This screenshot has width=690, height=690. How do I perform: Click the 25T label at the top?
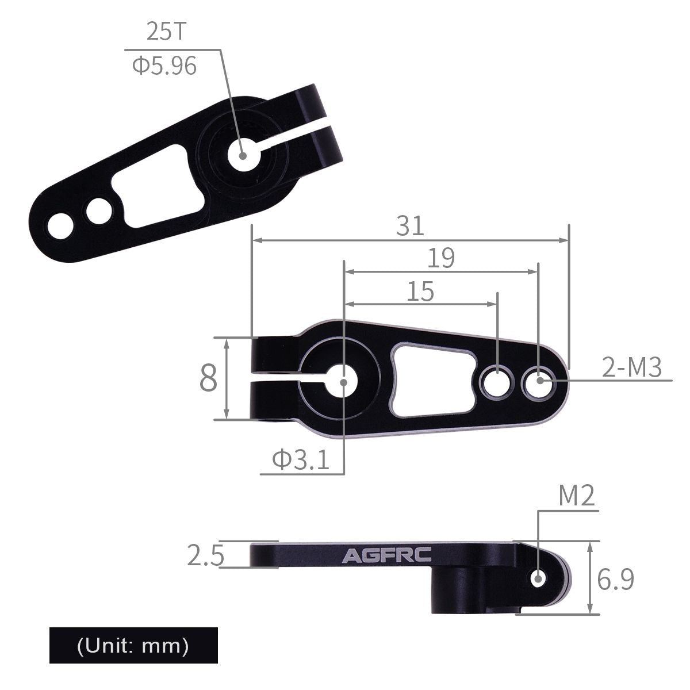pos(167,32)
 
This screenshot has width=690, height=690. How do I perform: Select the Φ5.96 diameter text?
pos(164,66)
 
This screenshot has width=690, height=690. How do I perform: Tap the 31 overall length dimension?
pos(410,226)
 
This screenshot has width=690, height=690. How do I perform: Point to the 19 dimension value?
pos(441,258)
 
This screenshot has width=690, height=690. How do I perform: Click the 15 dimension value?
pos(420,292)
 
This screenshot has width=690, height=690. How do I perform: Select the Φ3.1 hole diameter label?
pos(301,460)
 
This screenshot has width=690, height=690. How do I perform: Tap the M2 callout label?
pos(576,496)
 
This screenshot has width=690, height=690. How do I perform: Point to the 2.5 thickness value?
pos(205,555)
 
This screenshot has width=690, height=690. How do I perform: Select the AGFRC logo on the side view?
pos(388,556)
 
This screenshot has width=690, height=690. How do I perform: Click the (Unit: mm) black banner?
pos(133,645)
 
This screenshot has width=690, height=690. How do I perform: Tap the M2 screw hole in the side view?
pos(539,578)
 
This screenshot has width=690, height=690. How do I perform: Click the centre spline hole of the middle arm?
pos(343,382)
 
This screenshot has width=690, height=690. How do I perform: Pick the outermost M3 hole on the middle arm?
pos(539,379)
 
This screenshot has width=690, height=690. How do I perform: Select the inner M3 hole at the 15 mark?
pos(497,382)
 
